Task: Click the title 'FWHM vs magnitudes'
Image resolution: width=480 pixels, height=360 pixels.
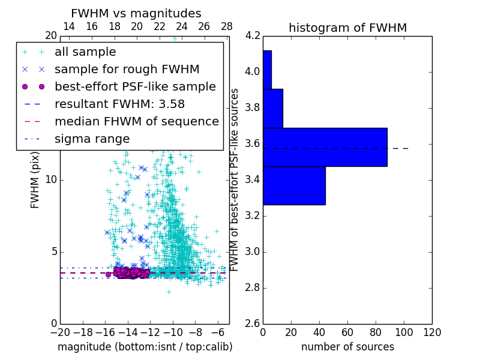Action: tap(136, 13)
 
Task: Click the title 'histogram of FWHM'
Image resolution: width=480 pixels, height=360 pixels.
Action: tap(347, 28)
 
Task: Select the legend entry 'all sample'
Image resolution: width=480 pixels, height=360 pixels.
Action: tap(85, 52)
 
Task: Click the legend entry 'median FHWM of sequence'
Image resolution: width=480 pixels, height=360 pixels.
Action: tap(136, 121)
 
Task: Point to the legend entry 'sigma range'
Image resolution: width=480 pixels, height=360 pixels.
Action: tap(92, 139)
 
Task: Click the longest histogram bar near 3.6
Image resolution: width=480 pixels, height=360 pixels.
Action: tap(325, 147)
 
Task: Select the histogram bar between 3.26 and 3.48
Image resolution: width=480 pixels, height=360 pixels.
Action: tap(294, 185)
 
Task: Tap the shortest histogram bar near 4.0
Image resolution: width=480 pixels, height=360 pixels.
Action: tap(267, 70)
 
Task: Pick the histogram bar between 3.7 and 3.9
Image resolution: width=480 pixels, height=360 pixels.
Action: tap(272, 108)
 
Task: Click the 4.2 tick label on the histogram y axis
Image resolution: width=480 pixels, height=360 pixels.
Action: tap(252, 36)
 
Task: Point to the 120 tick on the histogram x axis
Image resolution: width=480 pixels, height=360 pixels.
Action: tap(431, 332)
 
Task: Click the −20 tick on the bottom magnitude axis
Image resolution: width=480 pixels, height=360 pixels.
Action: tap(60, 332)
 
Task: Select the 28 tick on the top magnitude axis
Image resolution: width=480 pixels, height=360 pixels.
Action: tap(227, 26)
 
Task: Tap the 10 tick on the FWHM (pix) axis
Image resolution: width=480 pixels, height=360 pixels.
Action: tap(51, 180)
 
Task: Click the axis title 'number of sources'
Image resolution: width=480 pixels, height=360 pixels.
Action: tap(347, 347)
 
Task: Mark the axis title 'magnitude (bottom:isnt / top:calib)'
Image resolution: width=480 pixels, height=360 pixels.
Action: tap(145, 347)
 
